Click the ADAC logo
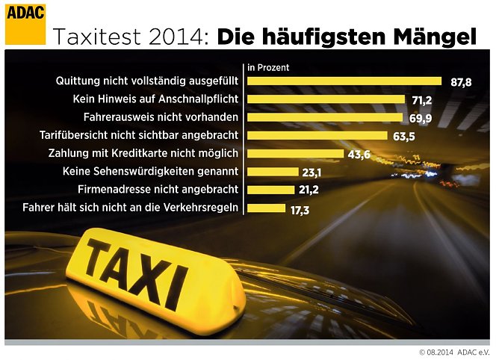pos(25,22)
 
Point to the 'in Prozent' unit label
pos(268,67)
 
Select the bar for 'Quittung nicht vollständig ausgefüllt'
pos(344,81)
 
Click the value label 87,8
pos(461,82)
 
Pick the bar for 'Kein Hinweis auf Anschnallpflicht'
pos(326,99)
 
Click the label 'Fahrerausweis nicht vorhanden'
pos(161,117)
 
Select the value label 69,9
pos(420,118)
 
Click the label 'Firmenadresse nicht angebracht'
pos(158,189)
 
